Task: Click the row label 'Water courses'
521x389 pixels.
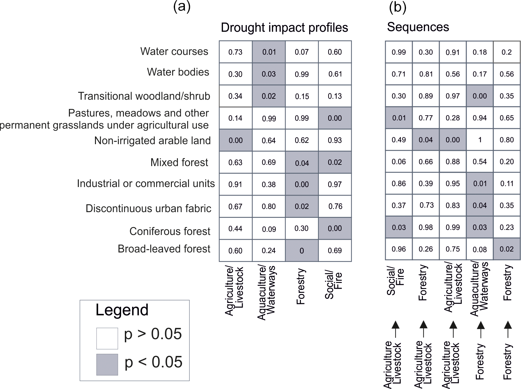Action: (x=174, y=51)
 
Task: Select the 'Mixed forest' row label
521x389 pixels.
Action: (x=179, y=162)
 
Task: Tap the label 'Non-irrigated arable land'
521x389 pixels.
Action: (x=152, y=140)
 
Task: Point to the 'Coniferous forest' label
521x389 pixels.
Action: (x=170, y=231)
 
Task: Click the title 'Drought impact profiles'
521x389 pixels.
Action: (x=284, y=28)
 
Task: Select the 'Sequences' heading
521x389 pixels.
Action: (x=418, y=27)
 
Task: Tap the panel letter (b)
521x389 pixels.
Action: (x=397, y=7)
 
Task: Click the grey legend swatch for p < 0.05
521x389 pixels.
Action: (x=107, y=365)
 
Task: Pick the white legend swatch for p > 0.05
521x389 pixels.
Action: (x=107, y=338)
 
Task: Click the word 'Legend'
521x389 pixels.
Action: (x=122, y=310)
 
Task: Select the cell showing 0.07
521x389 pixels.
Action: (x=301, y=52)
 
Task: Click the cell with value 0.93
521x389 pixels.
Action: (x=335, y=140)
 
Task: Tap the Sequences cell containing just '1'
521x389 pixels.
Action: (x=480, y=140)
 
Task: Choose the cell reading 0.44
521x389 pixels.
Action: (x=235, y=228)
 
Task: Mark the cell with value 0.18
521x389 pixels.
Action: (x=480, y=52)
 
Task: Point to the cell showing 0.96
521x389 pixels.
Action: (x=399, y=249)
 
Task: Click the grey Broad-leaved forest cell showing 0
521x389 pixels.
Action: (x=301, y=251)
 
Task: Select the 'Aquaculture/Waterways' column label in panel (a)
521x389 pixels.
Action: (x=266, y=293)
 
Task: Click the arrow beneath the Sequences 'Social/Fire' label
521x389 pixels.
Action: (x=395, y=329)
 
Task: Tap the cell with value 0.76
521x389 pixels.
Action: (x=335, y=206)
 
